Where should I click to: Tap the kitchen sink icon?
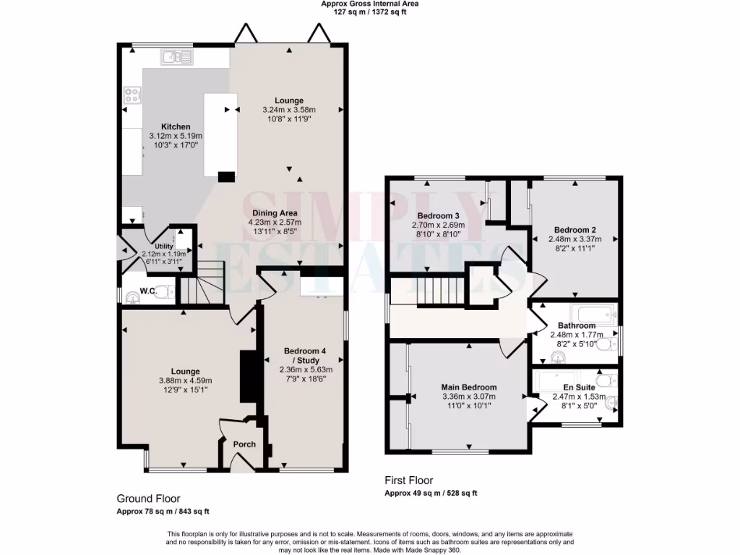pos(173,57)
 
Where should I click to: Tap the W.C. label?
pos(147,292)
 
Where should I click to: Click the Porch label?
pos(244,444)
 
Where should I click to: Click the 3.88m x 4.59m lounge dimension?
pos(185,381)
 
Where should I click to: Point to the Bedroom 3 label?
pos(438,216)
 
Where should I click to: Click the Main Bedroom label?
pos(469,387)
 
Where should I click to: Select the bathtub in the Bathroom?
pos(593,312)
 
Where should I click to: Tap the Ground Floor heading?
pos(148,499)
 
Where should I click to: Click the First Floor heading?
pos(408,481)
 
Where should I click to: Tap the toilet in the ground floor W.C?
pos(164,292)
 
